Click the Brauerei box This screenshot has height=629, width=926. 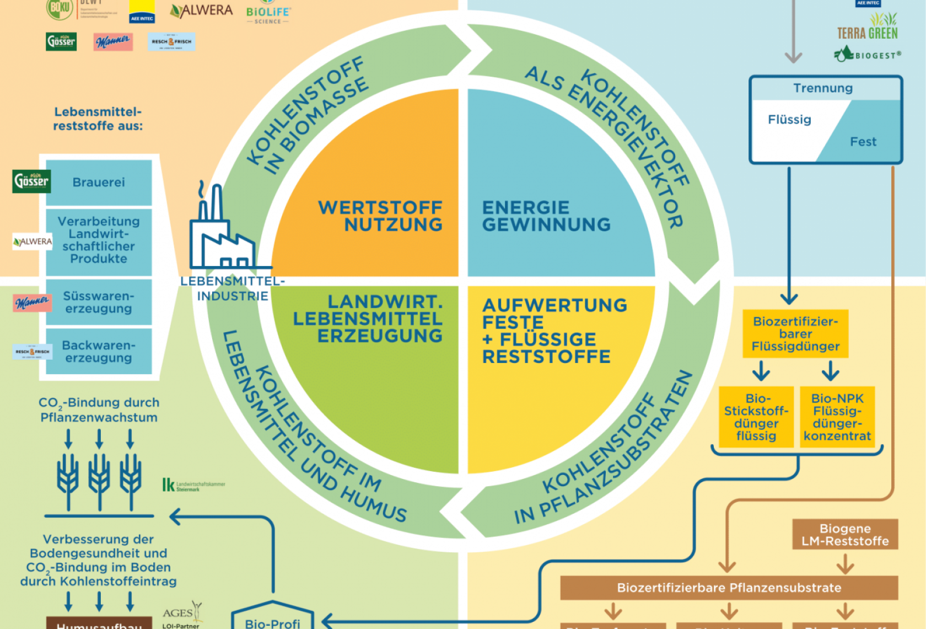pyautogui.click(x=99, y=183)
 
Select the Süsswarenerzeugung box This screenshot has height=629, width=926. pyautogui.click(x=99, y=302)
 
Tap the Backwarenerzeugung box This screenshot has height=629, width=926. pyautogui.click(x=99, y=351)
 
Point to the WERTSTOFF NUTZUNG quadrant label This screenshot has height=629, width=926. pyautogui.click(x=380, y=216)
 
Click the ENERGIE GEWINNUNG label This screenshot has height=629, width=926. pyautogui.click(x=546, y=216)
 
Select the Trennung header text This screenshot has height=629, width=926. pyautogui.click(x=822, y=88)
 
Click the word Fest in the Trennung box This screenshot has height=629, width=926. pyautogui.click(x=863, y=142)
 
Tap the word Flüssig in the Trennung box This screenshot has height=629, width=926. pyautogui.click(x=789, y=120)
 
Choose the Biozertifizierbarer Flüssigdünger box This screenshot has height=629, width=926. pyautogui.click(x=795, y=334)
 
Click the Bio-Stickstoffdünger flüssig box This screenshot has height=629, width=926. pyautogui.click(x=756, y=417)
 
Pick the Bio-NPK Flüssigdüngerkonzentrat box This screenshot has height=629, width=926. pyautogui.click(x=837, y=417)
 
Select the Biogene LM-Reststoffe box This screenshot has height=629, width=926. pyautogui.click(x=845, y=535)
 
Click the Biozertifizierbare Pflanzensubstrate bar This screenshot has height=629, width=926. pyautogui.click(x=729, y=588)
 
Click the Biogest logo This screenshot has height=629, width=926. pyautogui.click(x=868, y=55)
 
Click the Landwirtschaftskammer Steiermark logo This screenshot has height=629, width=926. pyautogui.click(x=193, y=486)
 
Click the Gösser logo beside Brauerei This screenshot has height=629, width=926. pyautogui.click(x=31, y=181)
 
